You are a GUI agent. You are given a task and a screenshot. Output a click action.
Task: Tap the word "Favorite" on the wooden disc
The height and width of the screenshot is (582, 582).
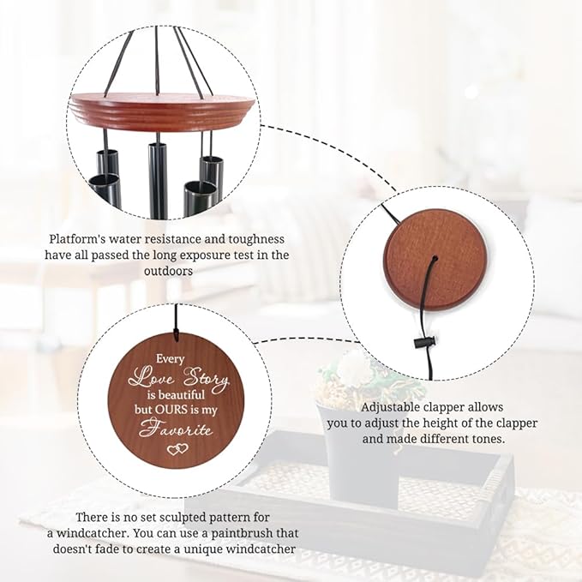coord(177,428)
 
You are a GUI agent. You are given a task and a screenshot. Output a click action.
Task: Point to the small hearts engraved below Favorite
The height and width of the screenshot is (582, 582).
coord(177,448)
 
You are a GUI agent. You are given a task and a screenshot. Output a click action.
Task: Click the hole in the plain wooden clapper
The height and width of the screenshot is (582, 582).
coord(435,258)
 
